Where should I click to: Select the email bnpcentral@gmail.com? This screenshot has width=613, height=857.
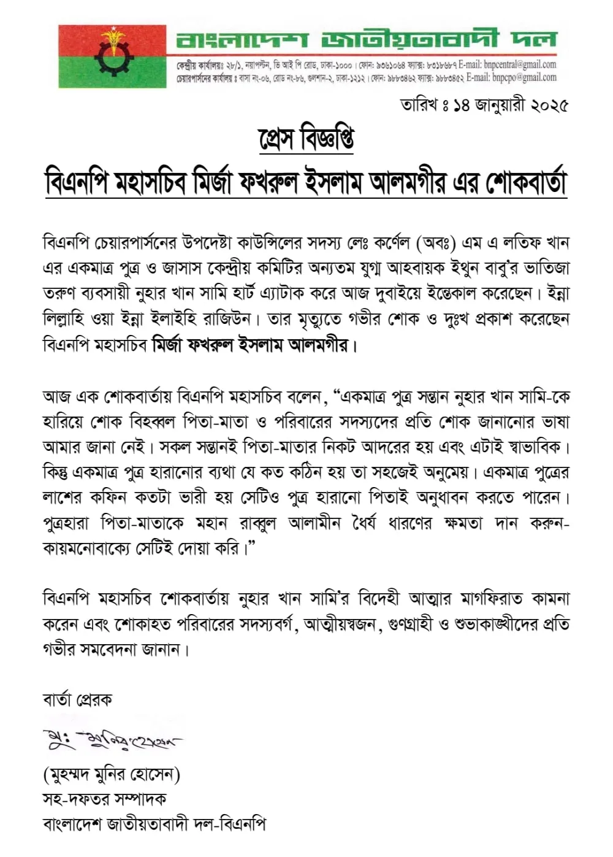[519, 64]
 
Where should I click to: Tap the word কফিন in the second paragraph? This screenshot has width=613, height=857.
[109, 497]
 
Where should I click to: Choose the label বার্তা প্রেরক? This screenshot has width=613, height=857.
[77, 700]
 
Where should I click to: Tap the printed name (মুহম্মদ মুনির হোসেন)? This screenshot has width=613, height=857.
[112, 775]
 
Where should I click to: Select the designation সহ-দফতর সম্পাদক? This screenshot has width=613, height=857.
[104, 799]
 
